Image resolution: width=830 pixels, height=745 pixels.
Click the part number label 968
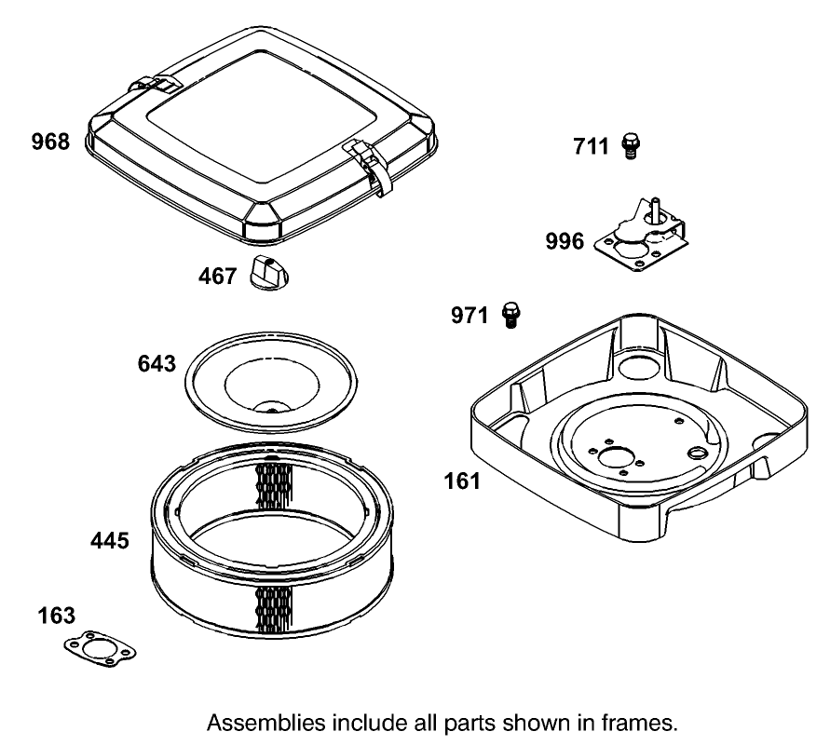tap(50, 142)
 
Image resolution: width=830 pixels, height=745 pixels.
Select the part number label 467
tap(217, 277)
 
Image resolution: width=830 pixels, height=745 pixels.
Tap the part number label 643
tap(156, 363)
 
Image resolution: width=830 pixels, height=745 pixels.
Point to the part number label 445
tap(109, 540)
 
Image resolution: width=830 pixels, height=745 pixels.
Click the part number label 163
tap(57, 616)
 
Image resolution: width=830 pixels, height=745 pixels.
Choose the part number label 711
tap(591, 145)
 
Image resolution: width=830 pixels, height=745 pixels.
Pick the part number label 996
tap(565, 241)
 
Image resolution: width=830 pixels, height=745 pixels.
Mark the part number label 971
tap(469, 316)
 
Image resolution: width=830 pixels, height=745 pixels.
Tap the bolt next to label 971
tap(510, 315)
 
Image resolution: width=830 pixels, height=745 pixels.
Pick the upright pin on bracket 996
tap(655, 206)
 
